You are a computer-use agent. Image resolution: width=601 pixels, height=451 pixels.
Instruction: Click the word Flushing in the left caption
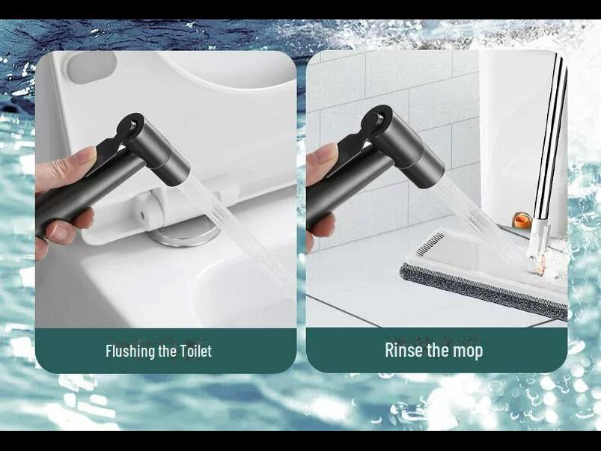131,351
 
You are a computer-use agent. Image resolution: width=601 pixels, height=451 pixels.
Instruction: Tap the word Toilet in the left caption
195,351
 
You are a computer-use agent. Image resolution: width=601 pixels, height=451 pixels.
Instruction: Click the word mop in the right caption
467,350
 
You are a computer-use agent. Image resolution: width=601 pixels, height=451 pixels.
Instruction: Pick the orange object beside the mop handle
522,220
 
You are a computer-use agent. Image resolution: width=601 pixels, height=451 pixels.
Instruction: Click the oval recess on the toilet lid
90,67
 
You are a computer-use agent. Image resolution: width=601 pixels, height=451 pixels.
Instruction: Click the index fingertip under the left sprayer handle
60,251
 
